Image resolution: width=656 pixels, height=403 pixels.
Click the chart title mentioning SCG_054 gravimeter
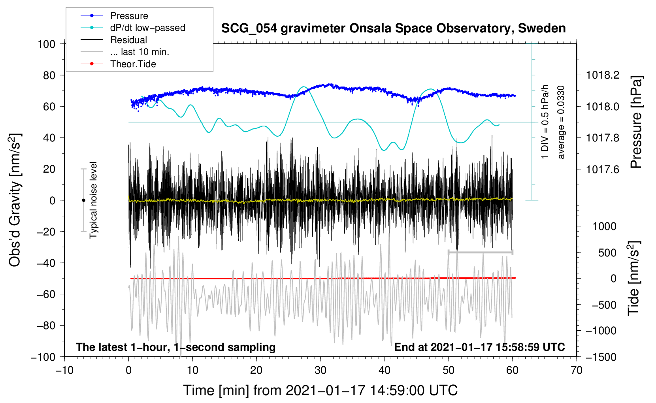tap(393, 28)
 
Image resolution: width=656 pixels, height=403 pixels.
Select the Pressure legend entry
tap(114, 15)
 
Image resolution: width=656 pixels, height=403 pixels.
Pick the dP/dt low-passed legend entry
tap(133, 28)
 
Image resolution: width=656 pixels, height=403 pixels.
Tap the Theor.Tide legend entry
tap(118, 64)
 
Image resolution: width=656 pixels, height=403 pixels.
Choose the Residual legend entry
tap(114, 40)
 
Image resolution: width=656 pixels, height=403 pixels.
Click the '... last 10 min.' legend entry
tap(125, 52)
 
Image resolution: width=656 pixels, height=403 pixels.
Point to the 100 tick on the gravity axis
tap(47, 44)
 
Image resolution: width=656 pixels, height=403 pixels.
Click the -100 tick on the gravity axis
tap(43, 357)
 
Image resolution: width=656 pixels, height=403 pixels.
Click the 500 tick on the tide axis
tap(607, 253)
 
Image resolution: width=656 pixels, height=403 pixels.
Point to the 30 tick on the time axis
tap(320, 371)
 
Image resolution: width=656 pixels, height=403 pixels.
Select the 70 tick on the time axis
tap(576, 371)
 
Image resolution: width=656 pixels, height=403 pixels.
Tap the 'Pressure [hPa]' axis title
tap(636, 122)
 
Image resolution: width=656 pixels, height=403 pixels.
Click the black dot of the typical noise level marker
tap(83, 200)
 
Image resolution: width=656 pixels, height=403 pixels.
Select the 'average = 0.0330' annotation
tap(560, 122)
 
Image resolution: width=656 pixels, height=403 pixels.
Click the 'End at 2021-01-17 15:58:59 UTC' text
tap(479, 347)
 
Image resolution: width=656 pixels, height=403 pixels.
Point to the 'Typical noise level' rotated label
tap(93, 200)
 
